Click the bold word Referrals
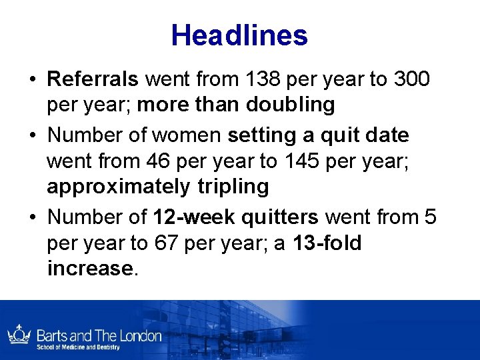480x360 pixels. click(x=93, y=79)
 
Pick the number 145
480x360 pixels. click(x=297, y=160)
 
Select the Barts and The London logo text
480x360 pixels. click(x=99, y=335)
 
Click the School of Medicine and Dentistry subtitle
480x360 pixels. click(x=78, y=347)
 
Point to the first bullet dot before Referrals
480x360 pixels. click(x=32, y=80)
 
